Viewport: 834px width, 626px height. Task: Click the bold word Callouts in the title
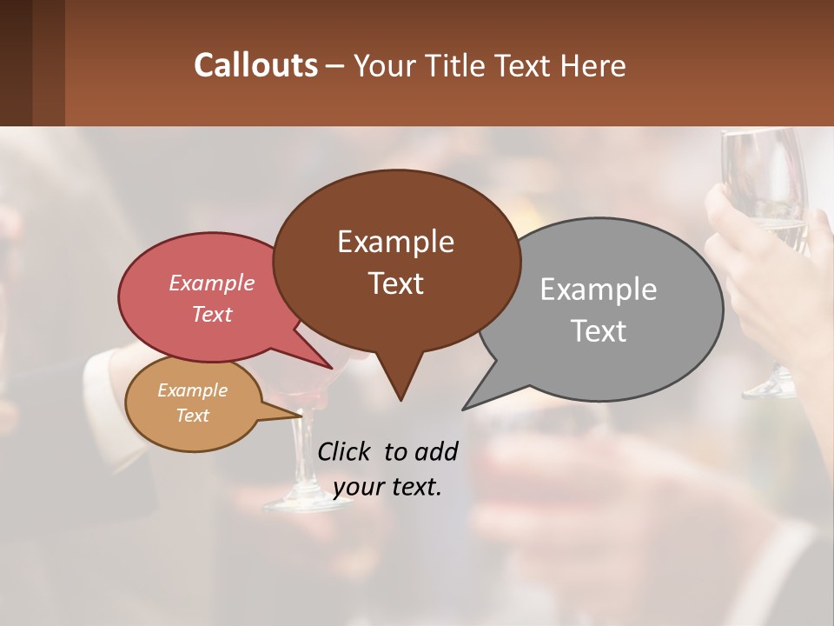[255, 65]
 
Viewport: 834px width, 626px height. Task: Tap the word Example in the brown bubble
[395, 242]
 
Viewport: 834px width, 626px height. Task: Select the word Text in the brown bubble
[395, 283]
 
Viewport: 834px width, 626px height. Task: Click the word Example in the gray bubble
[599, 290]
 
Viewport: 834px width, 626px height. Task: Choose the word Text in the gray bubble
[599, 331]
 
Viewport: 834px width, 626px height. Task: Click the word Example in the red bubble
[212, 283]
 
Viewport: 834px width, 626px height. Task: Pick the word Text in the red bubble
[212, 314]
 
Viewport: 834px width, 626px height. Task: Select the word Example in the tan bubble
[192, 390]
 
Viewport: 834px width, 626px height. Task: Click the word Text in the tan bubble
[192, 416]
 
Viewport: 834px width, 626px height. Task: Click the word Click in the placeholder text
[346, 451]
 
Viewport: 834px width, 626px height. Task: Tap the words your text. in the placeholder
[387, 487]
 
